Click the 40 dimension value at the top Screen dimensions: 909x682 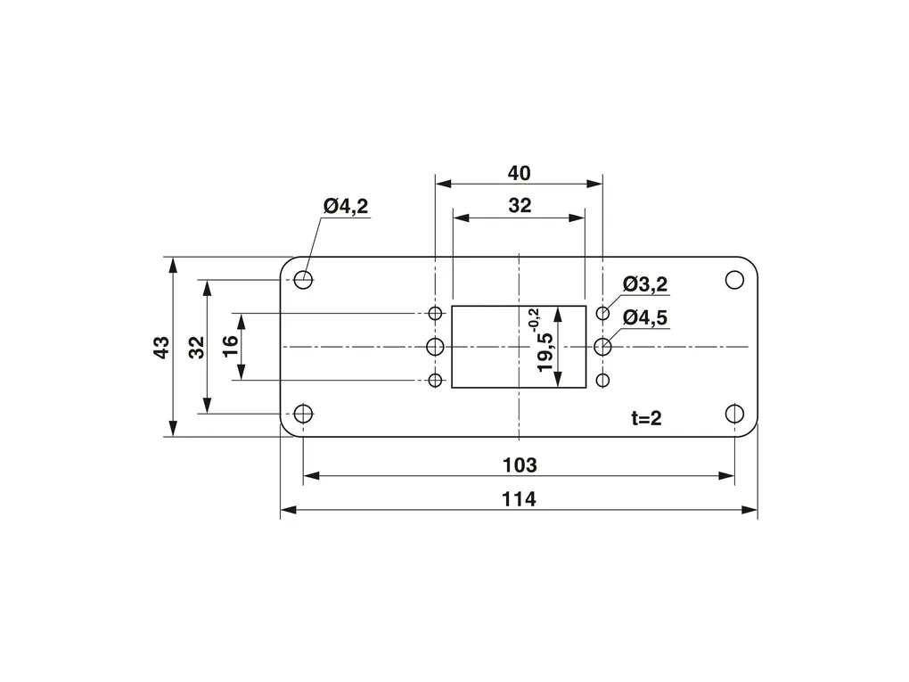pyautogui.click(x=519, y=173)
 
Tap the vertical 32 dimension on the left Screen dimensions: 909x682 pyautogui.click(x=197, y=347)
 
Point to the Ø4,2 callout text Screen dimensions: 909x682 pyautogui.click(x=346, y=206)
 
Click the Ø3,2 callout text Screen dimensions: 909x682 pyautogui.click(x=645, y=284)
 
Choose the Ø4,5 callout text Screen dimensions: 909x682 pyautogui.click(x=645, y=317)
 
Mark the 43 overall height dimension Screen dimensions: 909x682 pyautogui.click(x=161, y=347)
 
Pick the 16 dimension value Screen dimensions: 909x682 pyautogui.click(x=230, y=347)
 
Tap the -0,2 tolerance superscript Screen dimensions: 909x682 pyautogui.click(x=533, y=319)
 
